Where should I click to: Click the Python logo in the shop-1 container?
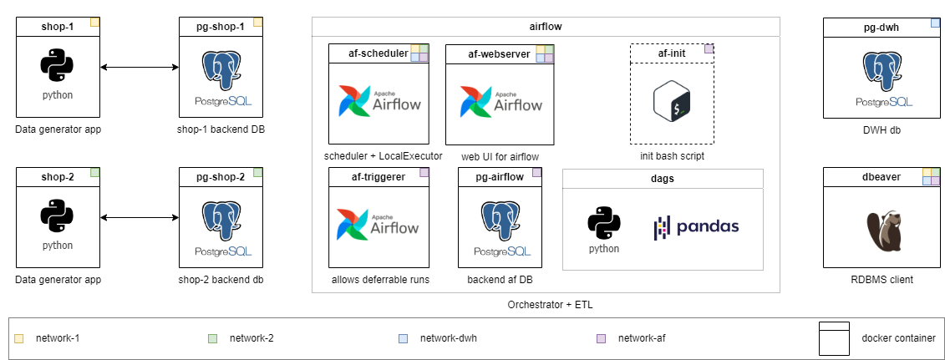tap(58, 65)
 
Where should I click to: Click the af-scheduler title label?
tap(378, 53)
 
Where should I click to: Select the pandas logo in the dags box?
tap(696, 227)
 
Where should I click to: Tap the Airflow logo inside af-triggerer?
tap(379, 223)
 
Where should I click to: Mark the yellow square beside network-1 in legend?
tap(19, 338)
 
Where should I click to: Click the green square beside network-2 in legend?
tap(212, 338)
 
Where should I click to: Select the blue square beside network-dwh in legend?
tap(404, 338)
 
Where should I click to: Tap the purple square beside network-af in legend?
tap(601, 338)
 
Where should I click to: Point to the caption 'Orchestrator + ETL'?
tap(546, 305)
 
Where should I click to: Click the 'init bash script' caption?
tap(673, 156)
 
